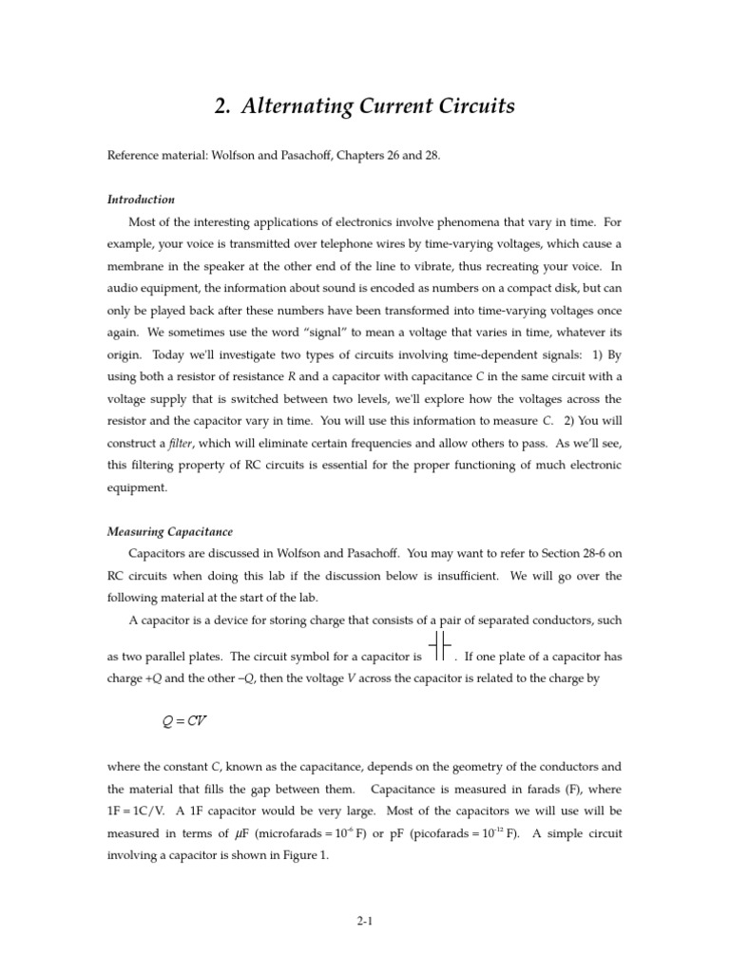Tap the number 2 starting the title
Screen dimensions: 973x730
click(x=222, y=106)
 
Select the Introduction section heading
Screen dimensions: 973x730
click(x=141, y=200)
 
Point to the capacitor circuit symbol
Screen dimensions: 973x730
click(x=439, y=645)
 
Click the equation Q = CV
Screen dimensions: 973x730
click(x=185, y=720)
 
